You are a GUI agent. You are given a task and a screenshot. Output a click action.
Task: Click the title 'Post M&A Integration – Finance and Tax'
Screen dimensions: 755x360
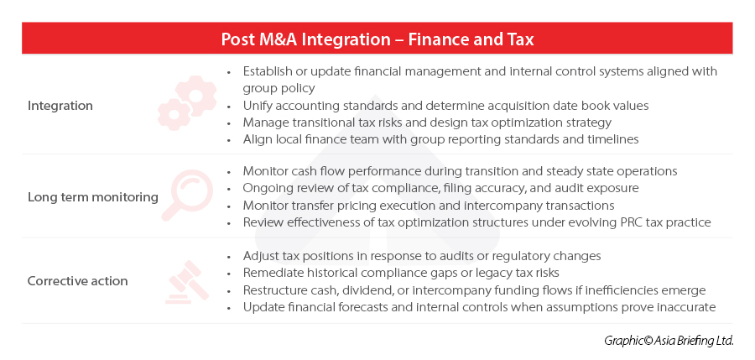point(377,39)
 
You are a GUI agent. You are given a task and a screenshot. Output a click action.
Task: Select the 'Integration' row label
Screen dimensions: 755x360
point(60,106)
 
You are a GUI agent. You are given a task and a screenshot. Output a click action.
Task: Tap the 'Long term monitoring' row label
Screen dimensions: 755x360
point(93,197)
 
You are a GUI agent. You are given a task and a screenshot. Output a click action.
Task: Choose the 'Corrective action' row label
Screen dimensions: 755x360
point(77,281)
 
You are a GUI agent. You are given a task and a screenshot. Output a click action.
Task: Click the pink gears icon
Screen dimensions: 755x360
point(187,102)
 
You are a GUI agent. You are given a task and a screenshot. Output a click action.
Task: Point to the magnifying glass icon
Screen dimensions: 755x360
point(187,196)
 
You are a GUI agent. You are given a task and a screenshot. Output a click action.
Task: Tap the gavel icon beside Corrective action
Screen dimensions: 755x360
point(187,283)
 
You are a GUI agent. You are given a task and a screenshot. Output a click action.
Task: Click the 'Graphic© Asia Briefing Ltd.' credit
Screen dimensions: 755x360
point(669,341)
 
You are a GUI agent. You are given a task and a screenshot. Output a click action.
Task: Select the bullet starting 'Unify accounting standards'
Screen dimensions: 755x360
point(445,106)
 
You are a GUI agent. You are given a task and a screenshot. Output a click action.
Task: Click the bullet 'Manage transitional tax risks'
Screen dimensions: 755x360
point(427,123)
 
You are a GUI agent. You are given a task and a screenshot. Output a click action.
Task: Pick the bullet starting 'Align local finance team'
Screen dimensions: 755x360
point(440,139)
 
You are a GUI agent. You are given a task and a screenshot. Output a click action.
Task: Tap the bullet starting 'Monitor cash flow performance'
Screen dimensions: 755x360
point(460,171)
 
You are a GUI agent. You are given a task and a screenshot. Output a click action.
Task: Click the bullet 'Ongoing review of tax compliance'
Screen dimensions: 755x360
point(440,188)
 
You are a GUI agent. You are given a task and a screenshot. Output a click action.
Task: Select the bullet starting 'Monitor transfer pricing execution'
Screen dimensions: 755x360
point(429,206)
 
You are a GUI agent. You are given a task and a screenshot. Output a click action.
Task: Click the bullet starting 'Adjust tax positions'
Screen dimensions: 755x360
point(422,255)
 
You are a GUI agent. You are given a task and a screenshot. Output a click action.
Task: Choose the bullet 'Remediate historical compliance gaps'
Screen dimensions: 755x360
point(401,273)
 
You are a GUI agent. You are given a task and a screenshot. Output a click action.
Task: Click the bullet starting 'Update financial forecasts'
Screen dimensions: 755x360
point(479,307)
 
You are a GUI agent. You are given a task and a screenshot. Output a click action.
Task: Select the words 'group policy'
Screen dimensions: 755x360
point(279,89)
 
